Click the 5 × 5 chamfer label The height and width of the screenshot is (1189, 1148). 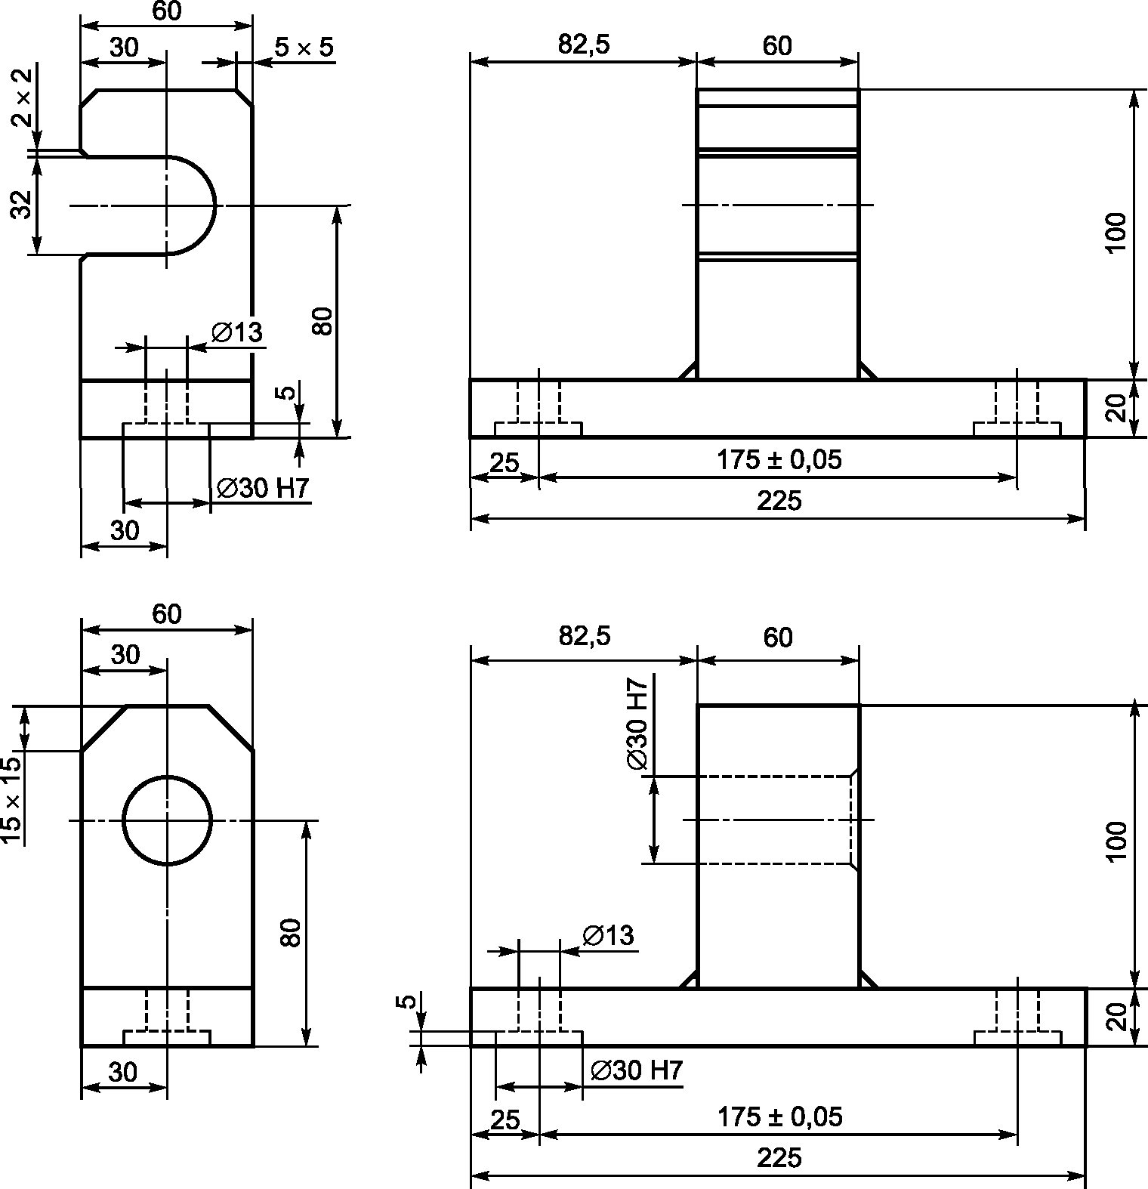(303, 48)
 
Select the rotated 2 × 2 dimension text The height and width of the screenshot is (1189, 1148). (23, 97)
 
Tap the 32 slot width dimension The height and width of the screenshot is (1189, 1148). (23, 205)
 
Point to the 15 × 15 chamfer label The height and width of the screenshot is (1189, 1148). (11, 801)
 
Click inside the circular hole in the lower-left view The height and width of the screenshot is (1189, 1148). (167, 820)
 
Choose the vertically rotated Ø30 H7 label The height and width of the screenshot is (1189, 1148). (637, 724)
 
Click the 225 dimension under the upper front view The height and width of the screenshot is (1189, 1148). (779, 501)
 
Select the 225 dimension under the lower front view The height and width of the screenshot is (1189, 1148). (779, 1158)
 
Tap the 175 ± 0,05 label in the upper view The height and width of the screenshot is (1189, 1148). (779, 459)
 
